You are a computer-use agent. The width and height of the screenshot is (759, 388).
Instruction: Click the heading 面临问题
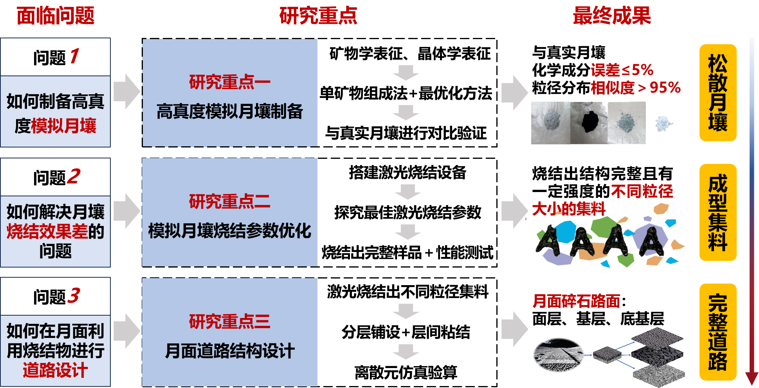pyautogui.click(x=56, y=16)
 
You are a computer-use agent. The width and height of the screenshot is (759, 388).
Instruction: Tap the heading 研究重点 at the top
pyautogui.click(x=318, y=16)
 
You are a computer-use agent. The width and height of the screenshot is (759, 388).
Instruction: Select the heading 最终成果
pyautogui.click(x=611, y=16)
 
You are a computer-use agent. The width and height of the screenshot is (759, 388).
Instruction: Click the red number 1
pyautogui.click(x=74, y=56)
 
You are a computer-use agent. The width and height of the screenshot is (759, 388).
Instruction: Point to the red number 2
pyautogui.click(x=74, y=176)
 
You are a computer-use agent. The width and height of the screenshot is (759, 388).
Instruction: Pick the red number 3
pyautogui.click(x=74, y=296)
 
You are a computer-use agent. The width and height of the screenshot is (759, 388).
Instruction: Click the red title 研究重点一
pyautogui.click(x=230, y=82)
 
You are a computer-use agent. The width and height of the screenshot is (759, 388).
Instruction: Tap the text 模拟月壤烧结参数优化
pyautogui.click(x=230, y=231)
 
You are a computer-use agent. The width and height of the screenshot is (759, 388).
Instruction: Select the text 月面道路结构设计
pyautogui.click(x=230, y=351)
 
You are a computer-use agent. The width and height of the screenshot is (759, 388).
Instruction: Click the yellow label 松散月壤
pyautogui.click(x=718, y=93)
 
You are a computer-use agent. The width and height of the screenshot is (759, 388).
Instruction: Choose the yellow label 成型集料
pyautogui.click(x=718, y=212)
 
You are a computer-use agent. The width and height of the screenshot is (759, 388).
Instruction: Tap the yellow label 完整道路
pyautogui.click(x=718, y=332)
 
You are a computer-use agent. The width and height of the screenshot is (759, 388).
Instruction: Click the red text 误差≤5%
pyautogui.click(x=622, y=70)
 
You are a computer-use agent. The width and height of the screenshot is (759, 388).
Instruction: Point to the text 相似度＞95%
pyautogui.click(x=635, y=88)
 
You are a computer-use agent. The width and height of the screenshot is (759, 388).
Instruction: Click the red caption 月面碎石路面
pyautogui.click(x=576, y=301)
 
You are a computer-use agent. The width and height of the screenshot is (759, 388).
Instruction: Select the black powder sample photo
pyautogui.click(x=589, y=123)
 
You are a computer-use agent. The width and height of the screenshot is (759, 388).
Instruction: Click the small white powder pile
pyautogui.click(x=663, y=124)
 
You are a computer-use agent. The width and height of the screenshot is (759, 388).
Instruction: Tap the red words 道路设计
pyautogui.click(x=55, y=370)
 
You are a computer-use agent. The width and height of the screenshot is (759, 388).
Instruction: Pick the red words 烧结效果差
pyautogui.click(x=47, y=232)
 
